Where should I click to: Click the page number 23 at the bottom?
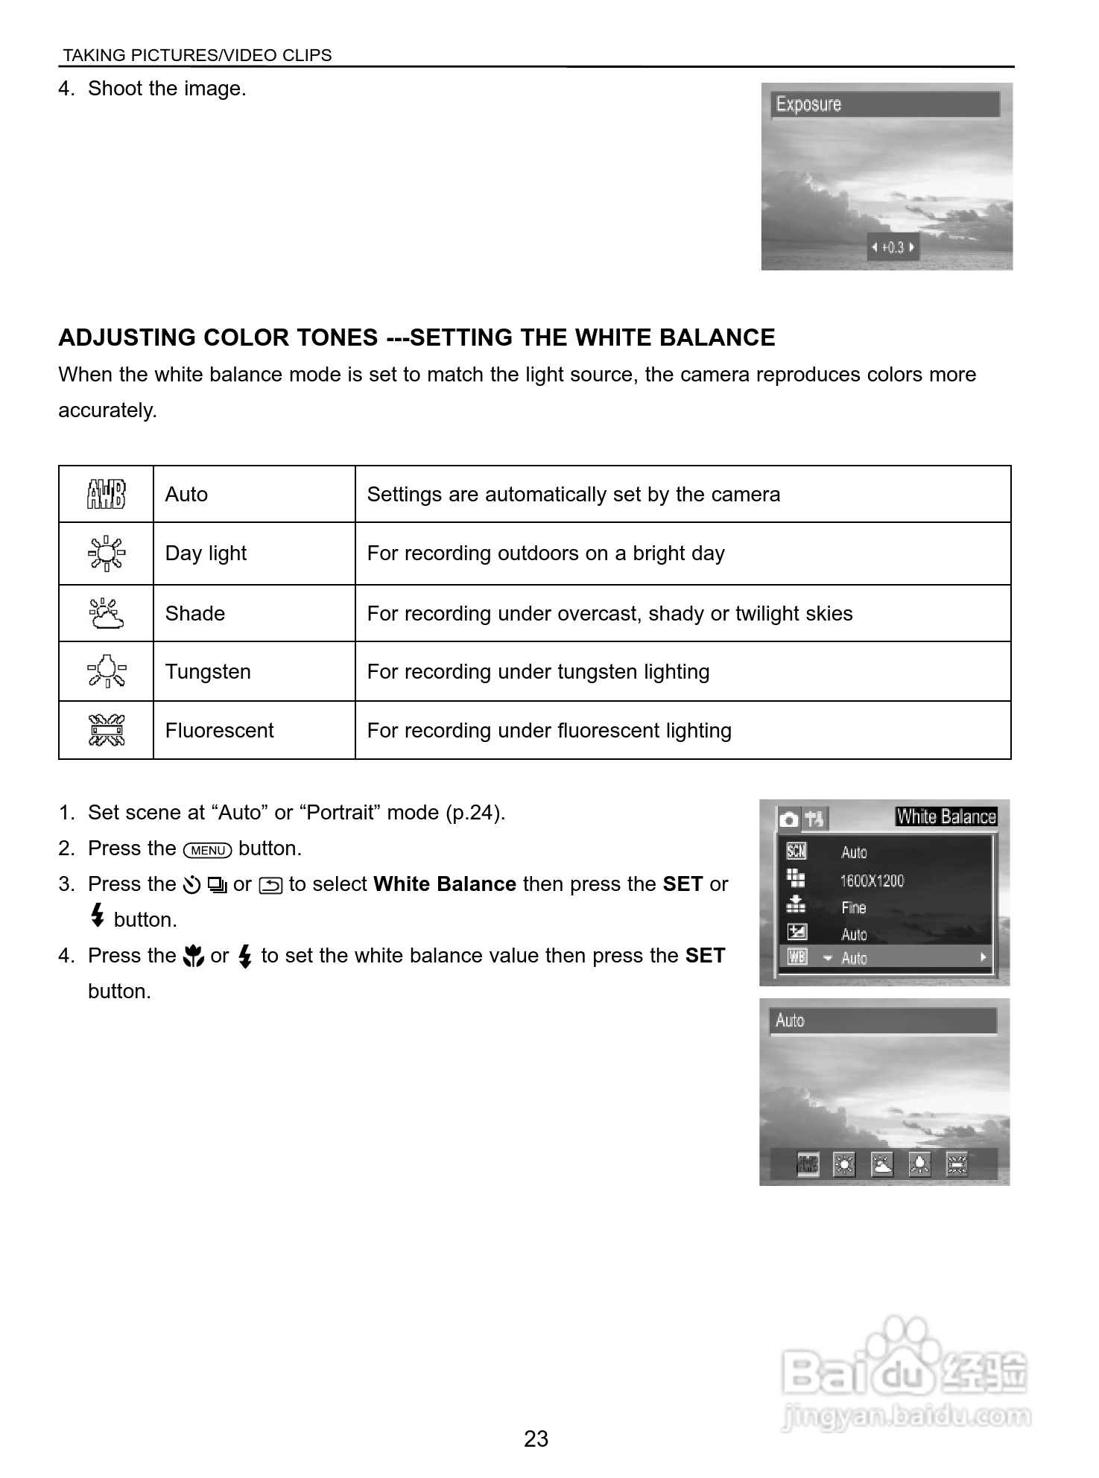536,1439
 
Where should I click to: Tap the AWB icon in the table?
106,494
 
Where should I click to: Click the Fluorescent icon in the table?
106,730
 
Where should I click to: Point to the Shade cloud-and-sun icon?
106,613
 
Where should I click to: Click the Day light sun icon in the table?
106,553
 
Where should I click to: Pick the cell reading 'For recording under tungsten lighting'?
538,671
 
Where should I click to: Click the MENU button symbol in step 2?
208,850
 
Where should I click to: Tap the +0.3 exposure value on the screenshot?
892,247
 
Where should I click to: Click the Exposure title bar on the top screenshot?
884,104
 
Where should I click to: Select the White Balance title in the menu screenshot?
946,816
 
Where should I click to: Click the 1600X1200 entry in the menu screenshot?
871,881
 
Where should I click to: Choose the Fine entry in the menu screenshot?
854,907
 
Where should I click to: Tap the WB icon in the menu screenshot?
796,957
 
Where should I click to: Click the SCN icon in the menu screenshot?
796,851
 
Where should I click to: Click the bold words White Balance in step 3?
444,884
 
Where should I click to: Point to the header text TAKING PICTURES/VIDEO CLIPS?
197,55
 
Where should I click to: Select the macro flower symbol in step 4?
193,956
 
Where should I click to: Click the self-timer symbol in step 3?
191,885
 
